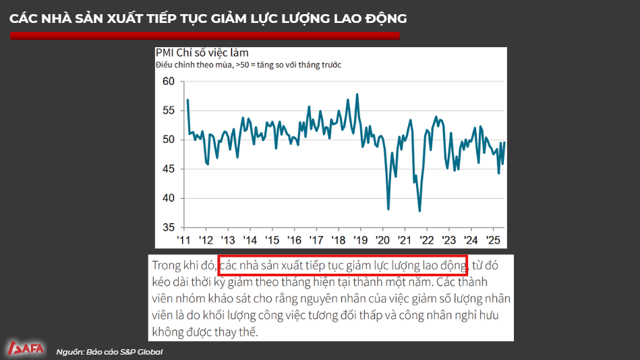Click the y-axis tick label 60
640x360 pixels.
(168, 82)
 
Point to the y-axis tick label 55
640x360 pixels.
(168, 111)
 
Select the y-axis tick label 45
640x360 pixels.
(168, 169)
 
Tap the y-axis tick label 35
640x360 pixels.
(168, 227)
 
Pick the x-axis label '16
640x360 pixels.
(294, 240)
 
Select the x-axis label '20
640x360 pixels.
(382, 240)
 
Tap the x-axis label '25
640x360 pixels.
(492, 240)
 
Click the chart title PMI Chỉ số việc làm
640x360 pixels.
(202, 53)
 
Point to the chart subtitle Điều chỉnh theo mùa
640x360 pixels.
(194, 65)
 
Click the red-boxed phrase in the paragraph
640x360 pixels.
(343, 264)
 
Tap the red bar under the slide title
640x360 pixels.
(205, 36)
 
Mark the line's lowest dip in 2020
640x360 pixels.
(388, 209)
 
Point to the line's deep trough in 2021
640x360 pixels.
(419, 211)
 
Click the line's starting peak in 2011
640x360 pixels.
(187, 100)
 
